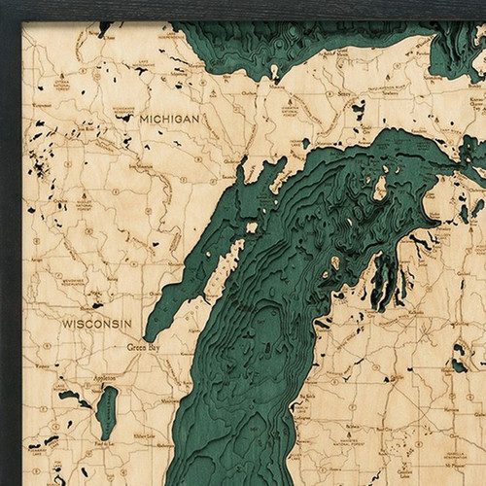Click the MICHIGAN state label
169,118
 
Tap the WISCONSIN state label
96,322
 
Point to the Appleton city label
102,372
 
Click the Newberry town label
390,85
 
